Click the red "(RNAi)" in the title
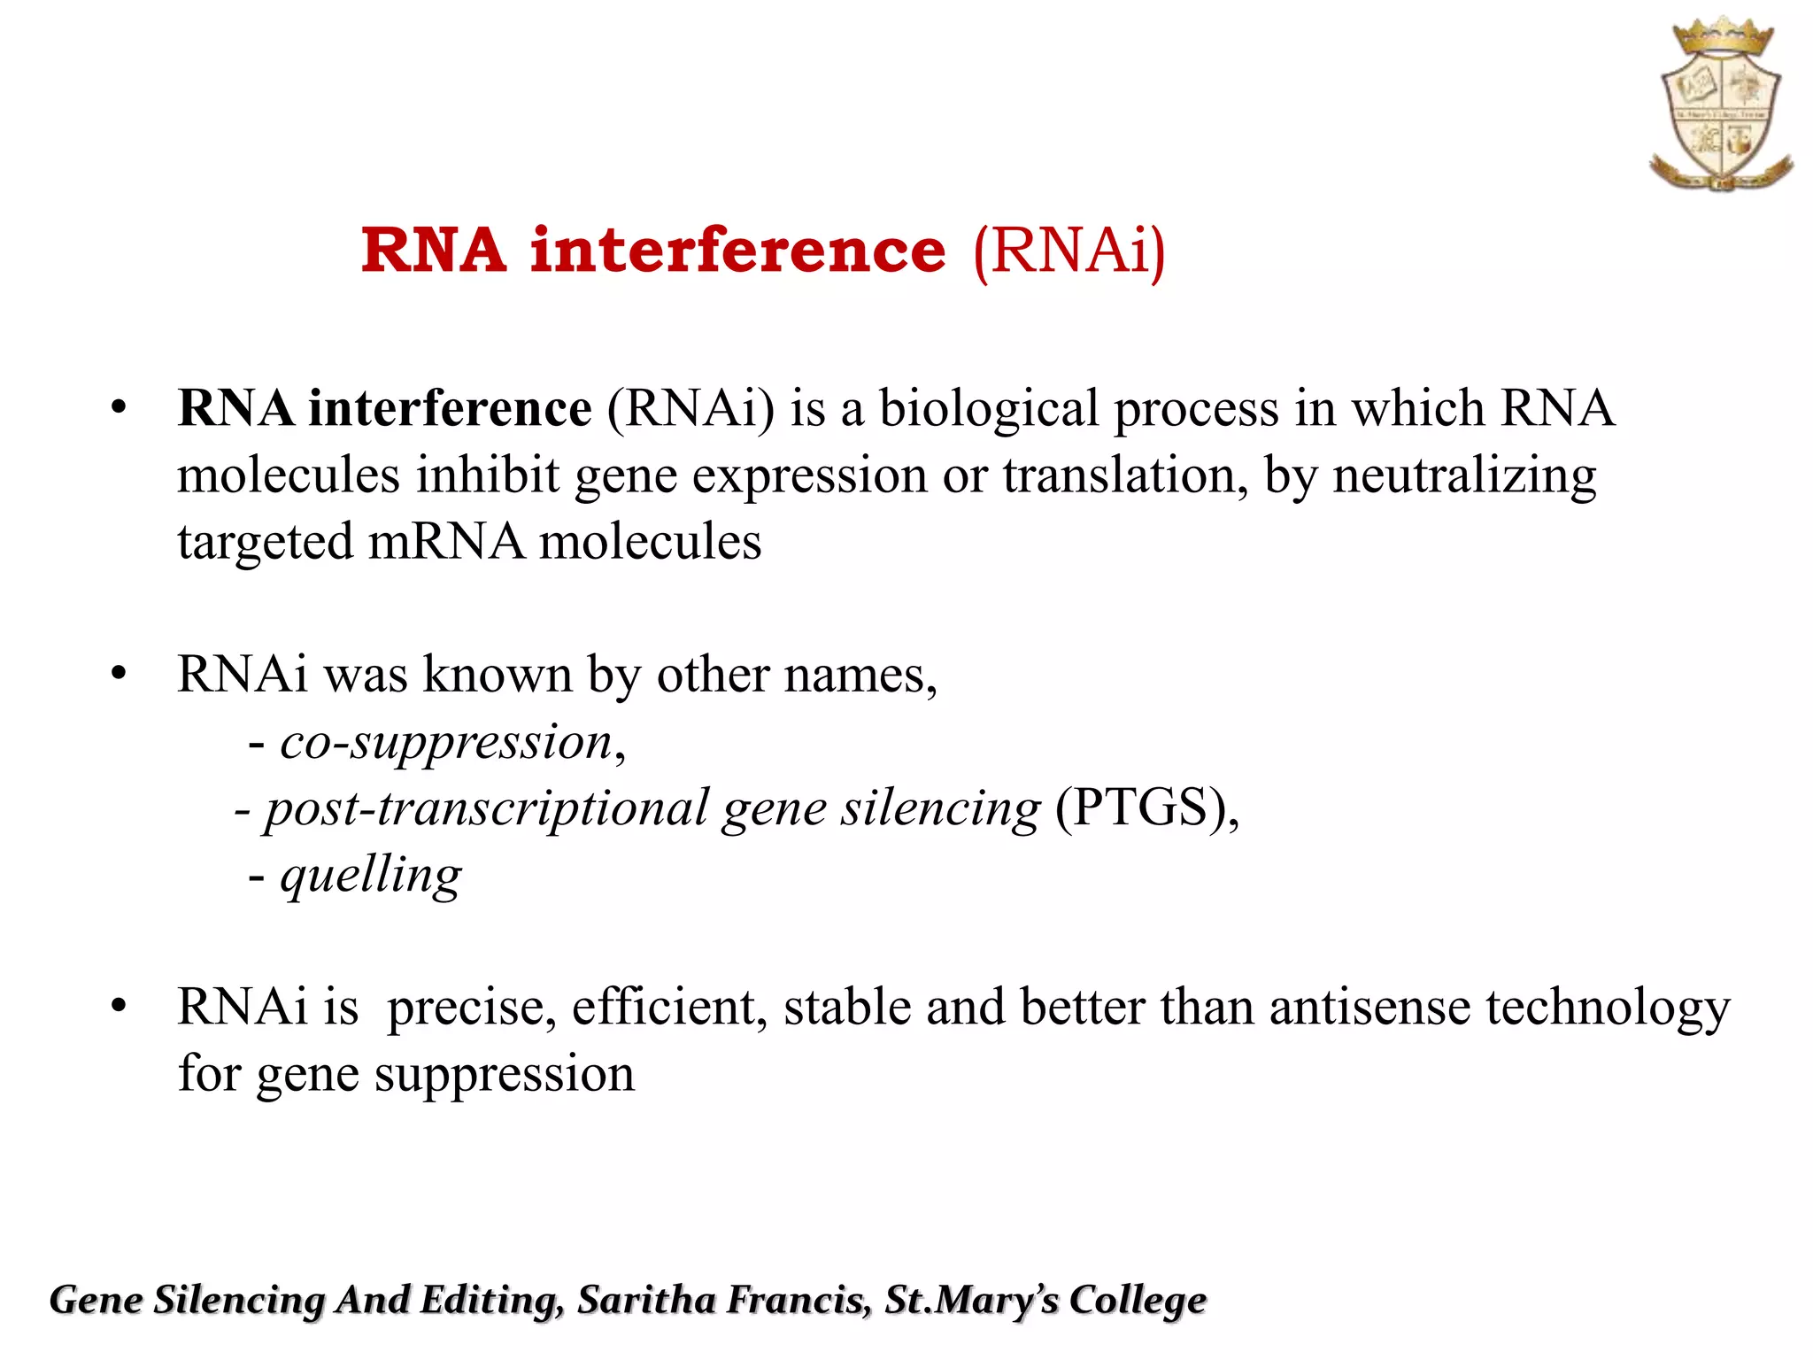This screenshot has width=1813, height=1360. coord(1069,251)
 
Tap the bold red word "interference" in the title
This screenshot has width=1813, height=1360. coord(737,251)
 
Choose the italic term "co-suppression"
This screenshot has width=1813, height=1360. coord(446,742)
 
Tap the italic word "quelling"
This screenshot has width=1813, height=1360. coord(371,877)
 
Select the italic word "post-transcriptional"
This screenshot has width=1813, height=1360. coord(487,809)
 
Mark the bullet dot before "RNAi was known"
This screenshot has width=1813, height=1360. coord(119,675)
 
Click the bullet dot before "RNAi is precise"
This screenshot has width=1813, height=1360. coord(119,1007)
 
